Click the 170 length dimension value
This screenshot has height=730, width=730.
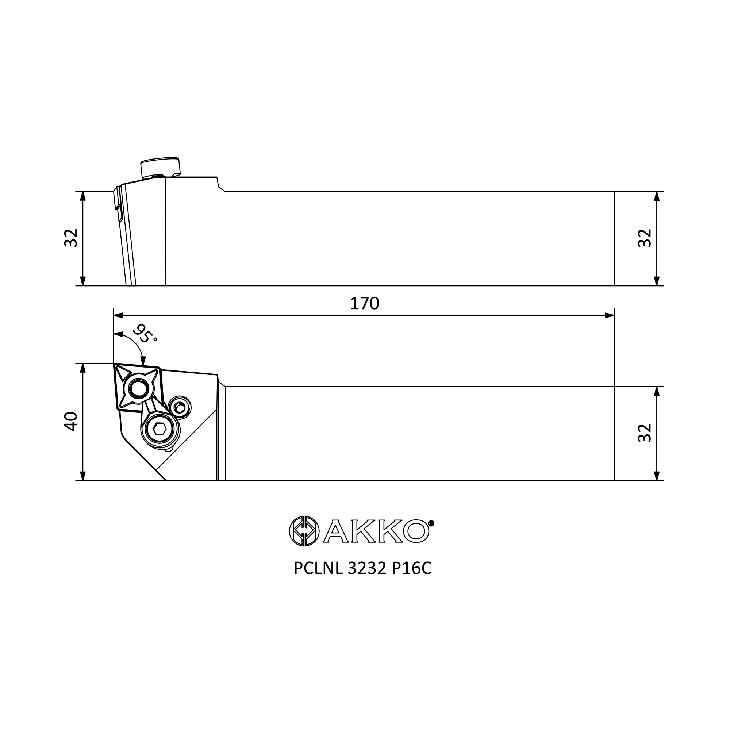click(x=364, y=303)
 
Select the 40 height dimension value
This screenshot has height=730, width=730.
click(x=71, y=421)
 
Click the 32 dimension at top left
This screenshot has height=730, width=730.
click(x=71, y=238)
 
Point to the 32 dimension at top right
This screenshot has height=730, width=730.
click(x=645, y=238)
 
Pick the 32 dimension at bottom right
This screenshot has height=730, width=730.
click(x=645, y=433)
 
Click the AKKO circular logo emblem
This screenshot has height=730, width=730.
click(x=304, y=531)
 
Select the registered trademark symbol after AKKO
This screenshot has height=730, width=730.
click(x=431, y=523)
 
